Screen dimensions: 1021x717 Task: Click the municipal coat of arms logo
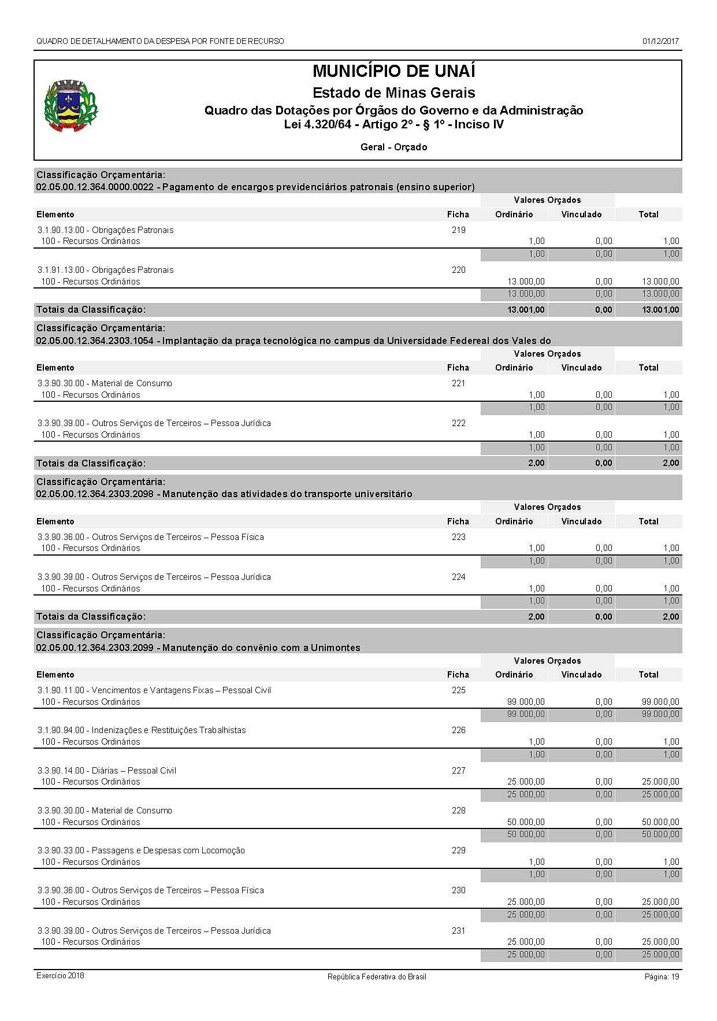click(71, 106)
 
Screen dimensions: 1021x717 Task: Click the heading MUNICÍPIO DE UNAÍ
click(393, 71)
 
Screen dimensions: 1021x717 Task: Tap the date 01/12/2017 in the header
click(660, 41)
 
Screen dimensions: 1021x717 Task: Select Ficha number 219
click(458, 230)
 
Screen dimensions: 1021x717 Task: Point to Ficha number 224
click(458, 576)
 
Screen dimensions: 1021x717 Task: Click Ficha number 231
click(458, 930)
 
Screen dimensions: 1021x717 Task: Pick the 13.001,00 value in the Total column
click(660, 310)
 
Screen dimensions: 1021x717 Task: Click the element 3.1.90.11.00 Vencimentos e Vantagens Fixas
click(154, 690)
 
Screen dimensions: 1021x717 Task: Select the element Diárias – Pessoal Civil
click(107, 770)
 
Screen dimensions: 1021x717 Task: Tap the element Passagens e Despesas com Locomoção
click(141, 850)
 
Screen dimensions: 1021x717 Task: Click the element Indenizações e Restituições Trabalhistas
click(142, 730)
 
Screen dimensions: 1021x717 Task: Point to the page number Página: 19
click(662, 976)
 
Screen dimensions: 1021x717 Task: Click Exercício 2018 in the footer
click(60, 975)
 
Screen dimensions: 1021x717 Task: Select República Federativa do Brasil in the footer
click(377, 976)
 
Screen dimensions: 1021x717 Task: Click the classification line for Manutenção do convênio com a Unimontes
click(198, 648)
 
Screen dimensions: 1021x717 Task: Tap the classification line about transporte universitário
click(224, 494)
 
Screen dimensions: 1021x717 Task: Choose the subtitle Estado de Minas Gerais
click(393, 93)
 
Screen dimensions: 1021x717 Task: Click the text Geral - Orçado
click(393, 147)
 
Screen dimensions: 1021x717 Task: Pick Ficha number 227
click(458, 770)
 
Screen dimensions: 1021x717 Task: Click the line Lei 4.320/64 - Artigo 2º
click(393, 124)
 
